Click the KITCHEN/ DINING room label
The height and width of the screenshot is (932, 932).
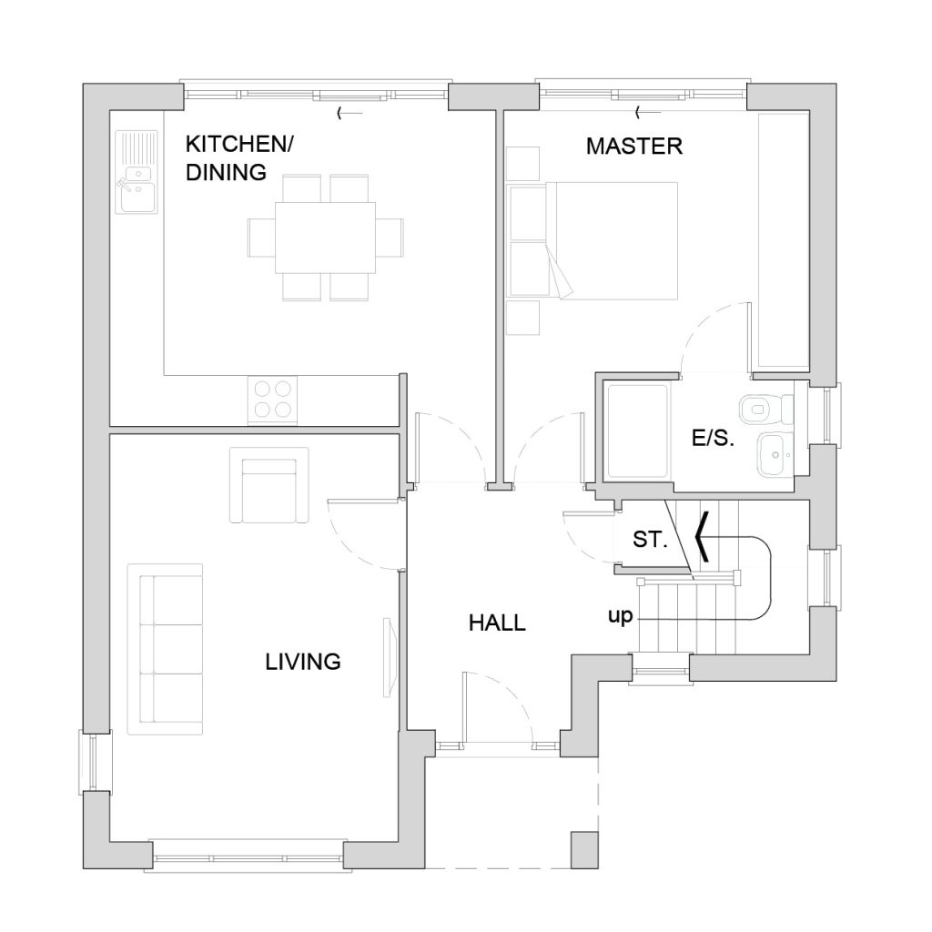pos(239,158)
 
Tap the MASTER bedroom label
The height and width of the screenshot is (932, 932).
pos(634,147)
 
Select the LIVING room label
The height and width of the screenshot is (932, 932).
pos(302,662)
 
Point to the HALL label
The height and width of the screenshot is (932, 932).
pos(497,623)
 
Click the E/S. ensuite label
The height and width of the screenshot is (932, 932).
pos(714,439)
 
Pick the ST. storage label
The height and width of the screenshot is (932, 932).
pos(650,539)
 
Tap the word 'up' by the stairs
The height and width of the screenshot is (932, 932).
pos(621,616)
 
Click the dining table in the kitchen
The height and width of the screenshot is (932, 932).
pos(325,238)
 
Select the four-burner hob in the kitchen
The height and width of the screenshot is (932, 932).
pos(272,400)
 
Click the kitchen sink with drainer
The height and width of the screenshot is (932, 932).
pos(137,171)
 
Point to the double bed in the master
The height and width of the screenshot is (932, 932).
pos(611,240)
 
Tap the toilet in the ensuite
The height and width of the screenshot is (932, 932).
pos(765,409)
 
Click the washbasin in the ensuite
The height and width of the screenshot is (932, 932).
pos(775,455)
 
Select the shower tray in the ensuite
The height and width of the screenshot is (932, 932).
pos(636,431)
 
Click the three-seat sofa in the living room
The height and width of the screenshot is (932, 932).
pos(166,649)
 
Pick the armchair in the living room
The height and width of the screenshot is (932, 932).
pos(269,485)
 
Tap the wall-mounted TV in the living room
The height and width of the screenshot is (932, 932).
pos(388,657)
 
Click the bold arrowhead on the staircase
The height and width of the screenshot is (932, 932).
pos(702,537)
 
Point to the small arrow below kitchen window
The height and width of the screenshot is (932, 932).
pos(349,112)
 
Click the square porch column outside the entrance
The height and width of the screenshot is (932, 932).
pos(584,849)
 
